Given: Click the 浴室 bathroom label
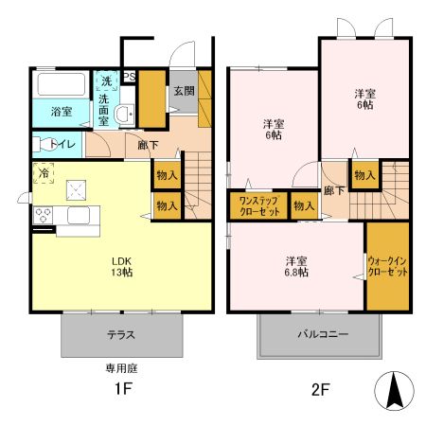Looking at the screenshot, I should click(x=62, y=112).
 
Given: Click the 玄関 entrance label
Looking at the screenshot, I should click(x=183, y=91).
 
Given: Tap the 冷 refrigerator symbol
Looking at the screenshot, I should click(x=44, y=173).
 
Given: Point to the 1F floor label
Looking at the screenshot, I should click(x=122, y=388).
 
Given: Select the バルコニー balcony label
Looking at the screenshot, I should click(x=311, y=335).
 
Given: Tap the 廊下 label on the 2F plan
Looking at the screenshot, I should click(x=335, y=189).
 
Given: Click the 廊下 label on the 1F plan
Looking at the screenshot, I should click(x=148, y=145).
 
